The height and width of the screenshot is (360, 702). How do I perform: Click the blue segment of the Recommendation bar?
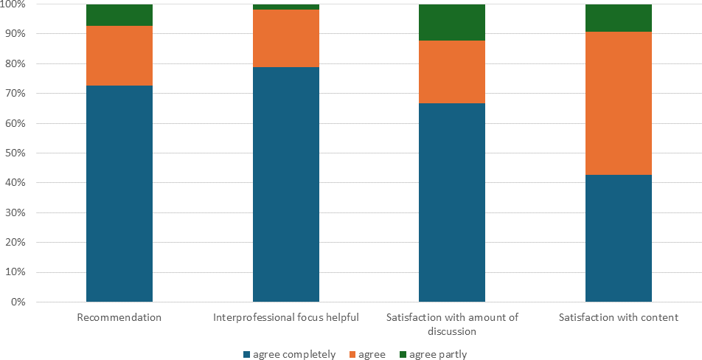[119, 193]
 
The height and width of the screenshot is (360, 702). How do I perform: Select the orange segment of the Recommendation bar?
[119, 56]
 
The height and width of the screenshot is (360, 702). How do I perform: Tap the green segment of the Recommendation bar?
[119, 15]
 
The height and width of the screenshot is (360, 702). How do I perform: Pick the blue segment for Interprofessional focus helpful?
[286, 184]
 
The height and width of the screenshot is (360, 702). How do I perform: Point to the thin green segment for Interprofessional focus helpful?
[286, 7]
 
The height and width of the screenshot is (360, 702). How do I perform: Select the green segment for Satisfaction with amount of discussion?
[452, 22]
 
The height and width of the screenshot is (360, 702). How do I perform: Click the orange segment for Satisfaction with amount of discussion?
[452, 72]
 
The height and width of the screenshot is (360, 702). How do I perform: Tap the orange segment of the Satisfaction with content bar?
[619, 103]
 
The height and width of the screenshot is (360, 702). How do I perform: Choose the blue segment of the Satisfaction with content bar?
[619, 238]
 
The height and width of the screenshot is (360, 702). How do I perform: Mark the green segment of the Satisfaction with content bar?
[619, 18]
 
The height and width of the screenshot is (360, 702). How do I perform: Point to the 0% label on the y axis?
[18, 302]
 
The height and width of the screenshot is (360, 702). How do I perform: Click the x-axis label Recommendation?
[119, 318]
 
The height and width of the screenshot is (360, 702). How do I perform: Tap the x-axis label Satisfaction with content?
[619, 318]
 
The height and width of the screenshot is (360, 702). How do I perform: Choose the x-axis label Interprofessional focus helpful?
[286, 318]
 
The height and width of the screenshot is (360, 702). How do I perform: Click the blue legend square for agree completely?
[246, 355]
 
